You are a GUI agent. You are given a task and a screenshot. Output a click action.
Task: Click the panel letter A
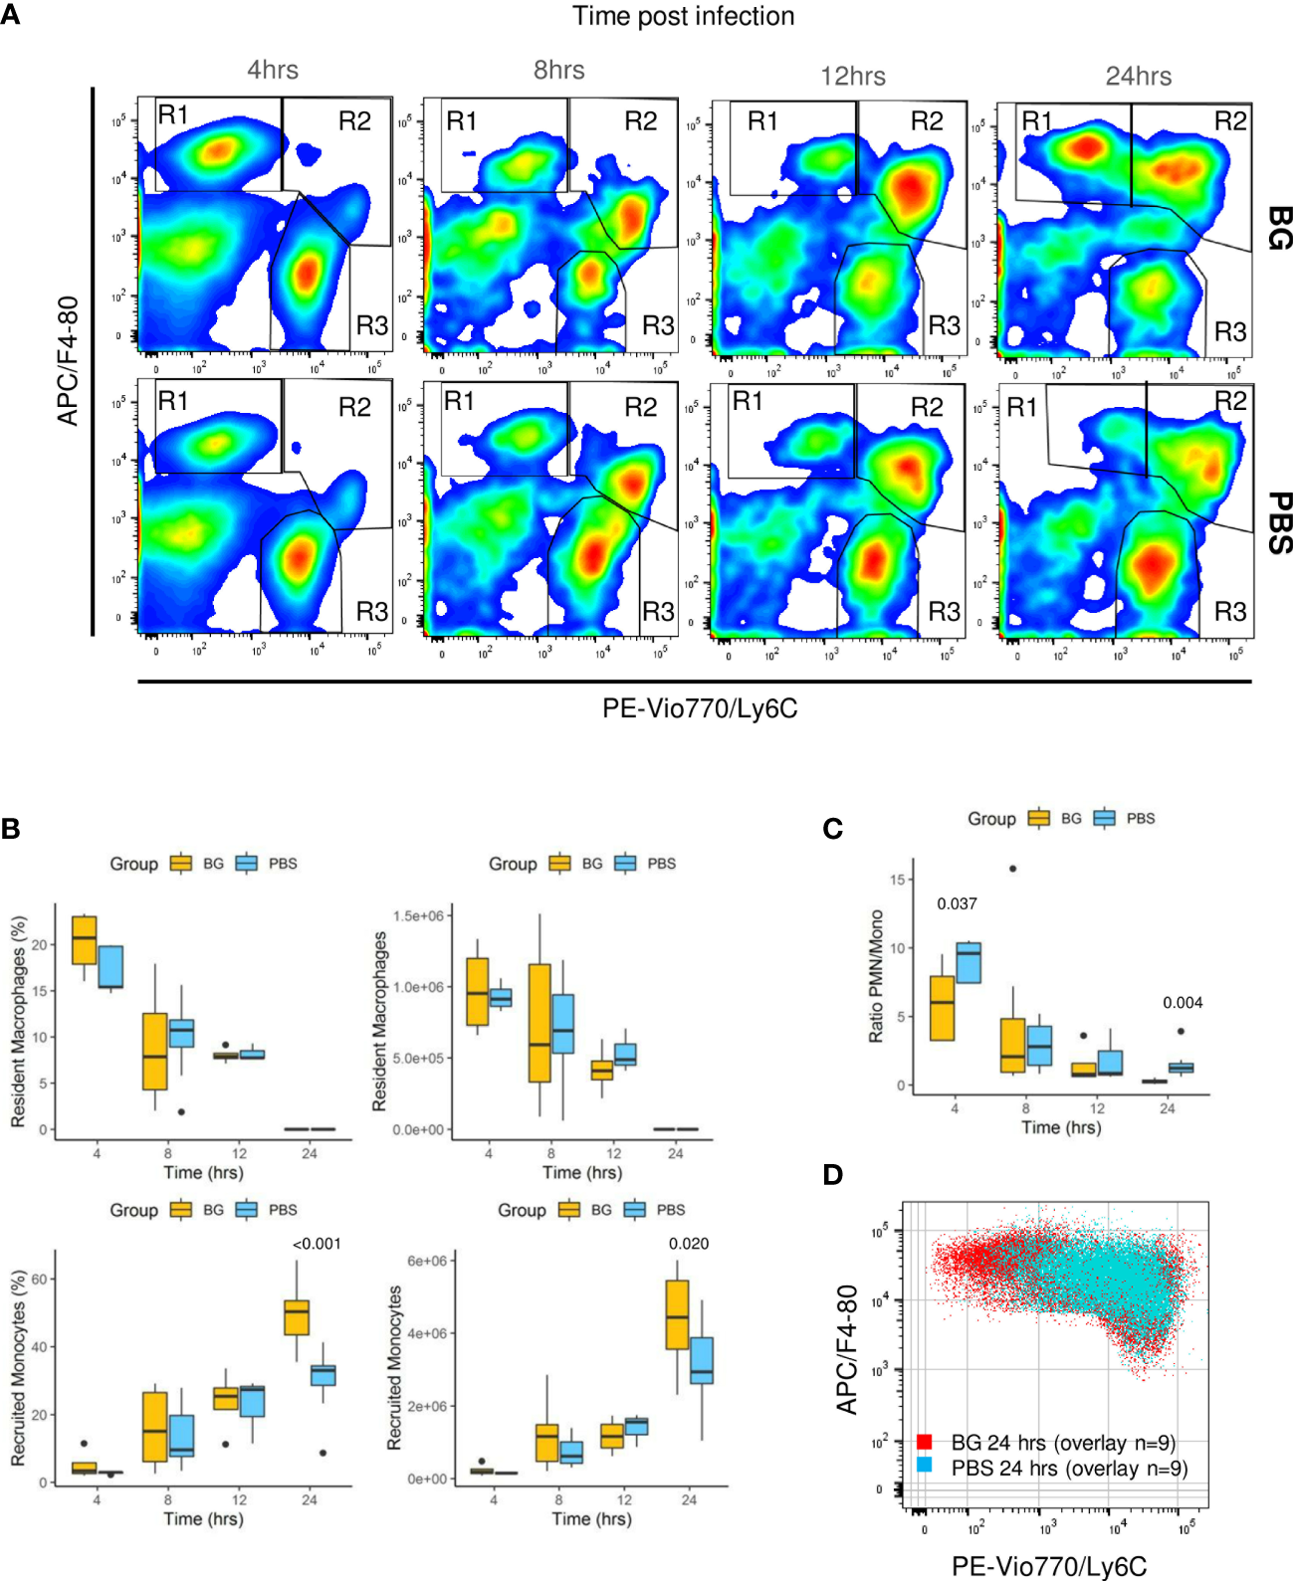point(10,15)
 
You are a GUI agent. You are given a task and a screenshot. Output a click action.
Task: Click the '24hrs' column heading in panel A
point(1138,77)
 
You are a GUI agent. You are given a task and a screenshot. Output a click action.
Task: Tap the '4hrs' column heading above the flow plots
point(273,70)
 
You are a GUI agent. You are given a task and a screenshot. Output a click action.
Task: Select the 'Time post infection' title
point(683,16)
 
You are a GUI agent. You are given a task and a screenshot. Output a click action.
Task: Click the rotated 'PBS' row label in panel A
point(1279,523)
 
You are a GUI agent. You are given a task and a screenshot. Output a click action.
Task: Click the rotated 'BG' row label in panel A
point(1279,228)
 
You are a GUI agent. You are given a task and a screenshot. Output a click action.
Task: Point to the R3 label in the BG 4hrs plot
point(371,325)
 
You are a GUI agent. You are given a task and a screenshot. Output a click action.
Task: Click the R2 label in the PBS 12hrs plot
point(926,407)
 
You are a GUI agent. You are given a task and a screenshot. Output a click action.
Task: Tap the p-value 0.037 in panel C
point(957,903)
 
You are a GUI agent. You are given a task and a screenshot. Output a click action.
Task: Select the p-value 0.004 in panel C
point(1183,1002)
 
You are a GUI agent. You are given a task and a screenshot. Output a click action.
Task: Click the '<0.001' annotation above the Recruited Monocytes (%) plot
point(317,1244)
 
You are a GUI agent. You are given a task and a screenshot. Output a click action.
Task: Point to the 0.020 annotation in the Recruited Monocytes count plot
point(689,1244)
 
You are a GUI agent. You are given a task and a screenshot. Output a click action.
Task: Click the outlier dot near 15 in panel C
point(1013,869)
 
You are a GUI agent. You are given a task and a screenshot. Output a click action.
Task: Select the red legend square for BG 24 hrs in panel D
point(924,1442)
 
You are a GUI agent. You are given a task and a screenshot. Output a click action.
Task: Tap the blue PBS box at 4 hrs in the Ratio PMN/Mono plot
point(968,962)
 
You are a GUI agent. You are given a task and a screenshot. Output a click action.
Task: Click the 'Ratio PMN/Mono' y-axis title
point(876,976)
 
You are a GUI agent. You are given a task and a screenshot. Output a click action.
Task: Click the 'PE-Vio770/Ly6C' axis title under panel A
point(699,708)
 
